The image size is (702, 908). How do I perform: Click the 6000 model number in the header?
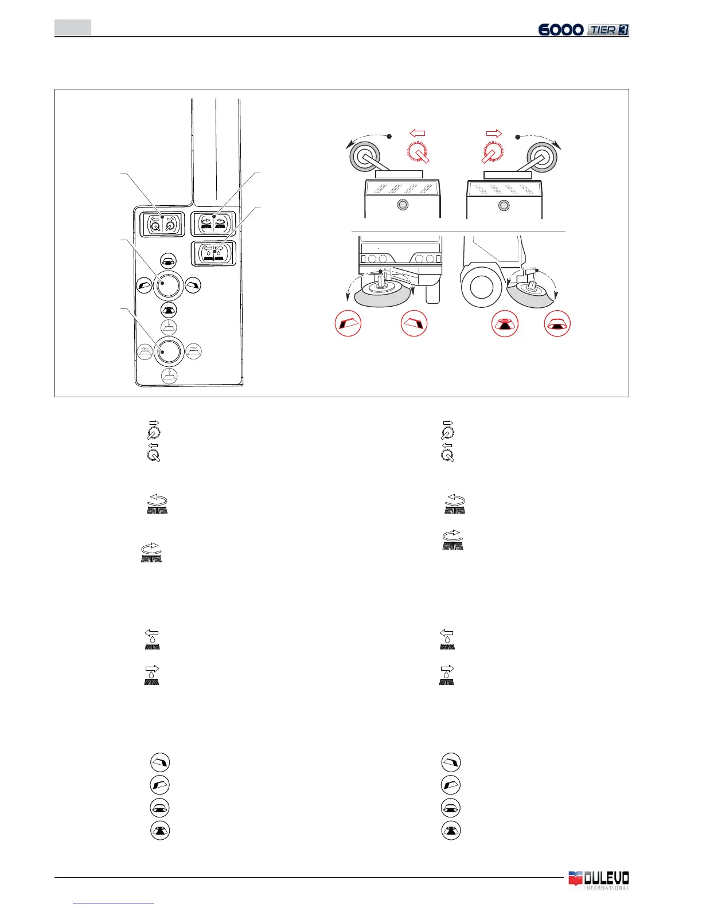point(561,29)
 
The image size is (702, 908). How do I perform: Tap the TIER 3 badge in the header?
point(608,30)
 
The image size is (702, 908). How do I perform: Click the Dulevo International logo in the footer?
point(598,880)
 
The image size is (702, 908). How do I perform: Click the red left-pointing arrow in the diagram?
point(418,134)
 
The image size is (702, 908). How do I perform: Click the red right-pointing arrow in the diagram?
point(493,134)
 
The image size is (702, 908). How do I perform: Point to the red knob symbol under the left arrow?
point(419,152)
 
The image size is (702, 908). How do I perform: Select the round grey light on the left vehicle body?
point(403,205)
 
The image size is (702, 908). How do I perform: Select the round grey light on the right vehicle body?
point(504,205)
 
